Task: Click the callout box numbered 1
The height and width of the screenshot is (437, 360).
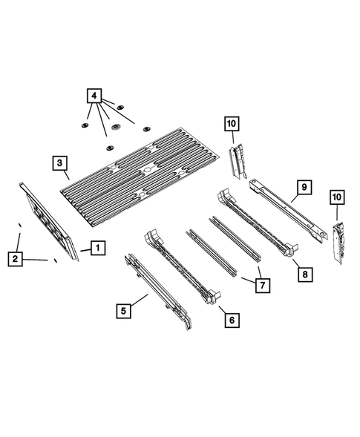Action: click(x=98, y=248)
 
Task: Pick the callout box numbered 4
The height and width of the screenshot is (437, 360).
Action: click(x=94, y=96)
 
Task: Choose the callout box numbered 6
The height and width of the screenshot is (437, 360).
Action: click(x=231, y=319)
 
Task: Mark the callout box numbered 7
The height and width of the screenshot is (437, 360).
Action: click(x=260, y=284)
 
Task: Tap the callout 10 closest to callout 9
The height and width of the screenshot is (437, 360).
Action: click(x=336, y=197)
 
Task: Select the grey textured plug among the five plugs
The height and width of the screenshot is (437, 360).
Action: click(x=116, y=129)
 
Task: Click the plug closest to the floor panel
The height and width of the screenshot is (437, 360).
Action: click(x=110, y=148)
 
